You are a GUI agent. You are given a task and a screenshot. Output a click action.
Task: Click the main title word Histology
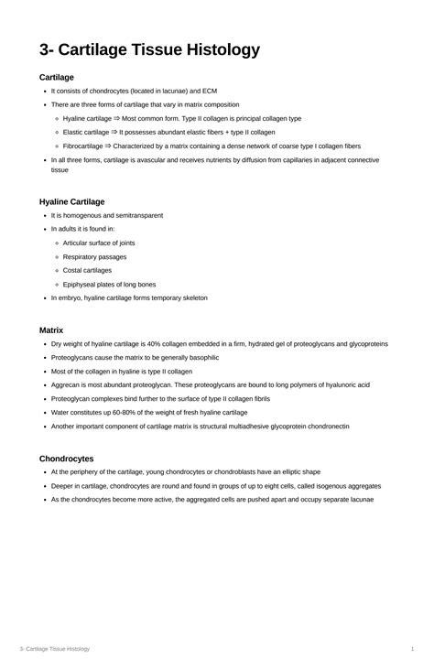(219, 50)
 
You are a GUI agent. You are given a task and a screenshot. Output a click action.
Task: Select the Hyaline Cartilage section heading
(72, 201)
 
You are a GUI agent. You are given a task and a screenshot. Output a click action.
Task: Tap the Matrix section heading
(50, 330)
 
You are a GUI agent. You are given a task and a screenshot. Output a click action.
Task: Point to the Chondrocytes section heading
(67, 458)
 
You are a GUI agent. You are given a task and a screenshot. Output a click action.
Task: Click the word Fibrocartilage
(83, 146)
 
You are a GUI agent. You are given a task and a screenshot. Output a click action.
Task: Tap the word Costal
(73, 270)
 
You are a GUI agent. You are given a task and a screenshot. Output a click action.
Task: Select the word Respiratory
(81, 256)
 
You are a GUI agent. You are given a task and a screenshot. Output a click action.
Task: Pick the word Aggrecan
(66, 385)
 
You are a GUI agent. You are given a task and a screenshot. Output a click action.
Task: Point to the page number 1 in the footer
(413, 649)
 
